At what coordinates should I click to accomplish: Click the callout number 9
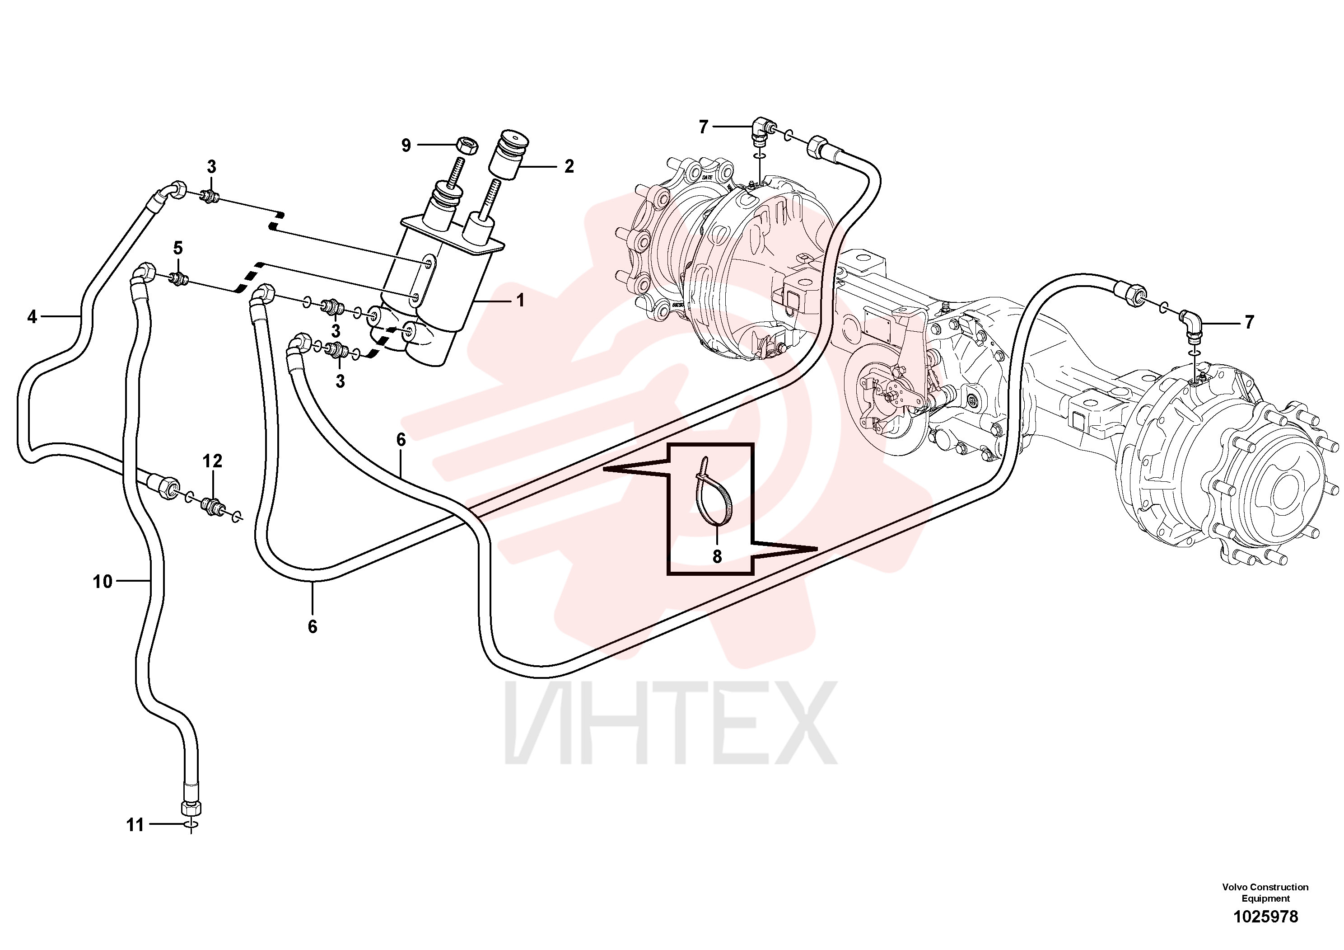point(406,145)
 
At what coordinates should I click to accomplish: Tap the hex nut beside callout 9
point(467,144)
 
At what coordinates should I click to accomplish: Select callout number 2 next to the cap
point(569,166)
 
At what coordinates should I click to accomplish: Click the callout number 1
point(520,301)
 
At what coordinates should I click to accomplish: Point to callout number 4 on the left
point(32,317)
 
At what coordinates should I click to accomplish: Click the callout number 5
point(177,248)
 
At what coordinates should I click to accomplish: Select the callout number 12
point(213,461)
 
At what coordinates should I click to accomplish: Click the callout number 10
point(103,582)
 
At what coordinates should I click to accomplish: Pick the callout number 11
point(135,825)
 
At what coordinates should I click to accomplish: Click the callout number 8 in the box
point(717,556)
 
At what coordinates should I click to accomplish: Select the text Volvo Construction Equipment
point(1265,893)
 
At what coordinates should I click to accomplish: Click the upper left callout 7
point(703,126)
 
